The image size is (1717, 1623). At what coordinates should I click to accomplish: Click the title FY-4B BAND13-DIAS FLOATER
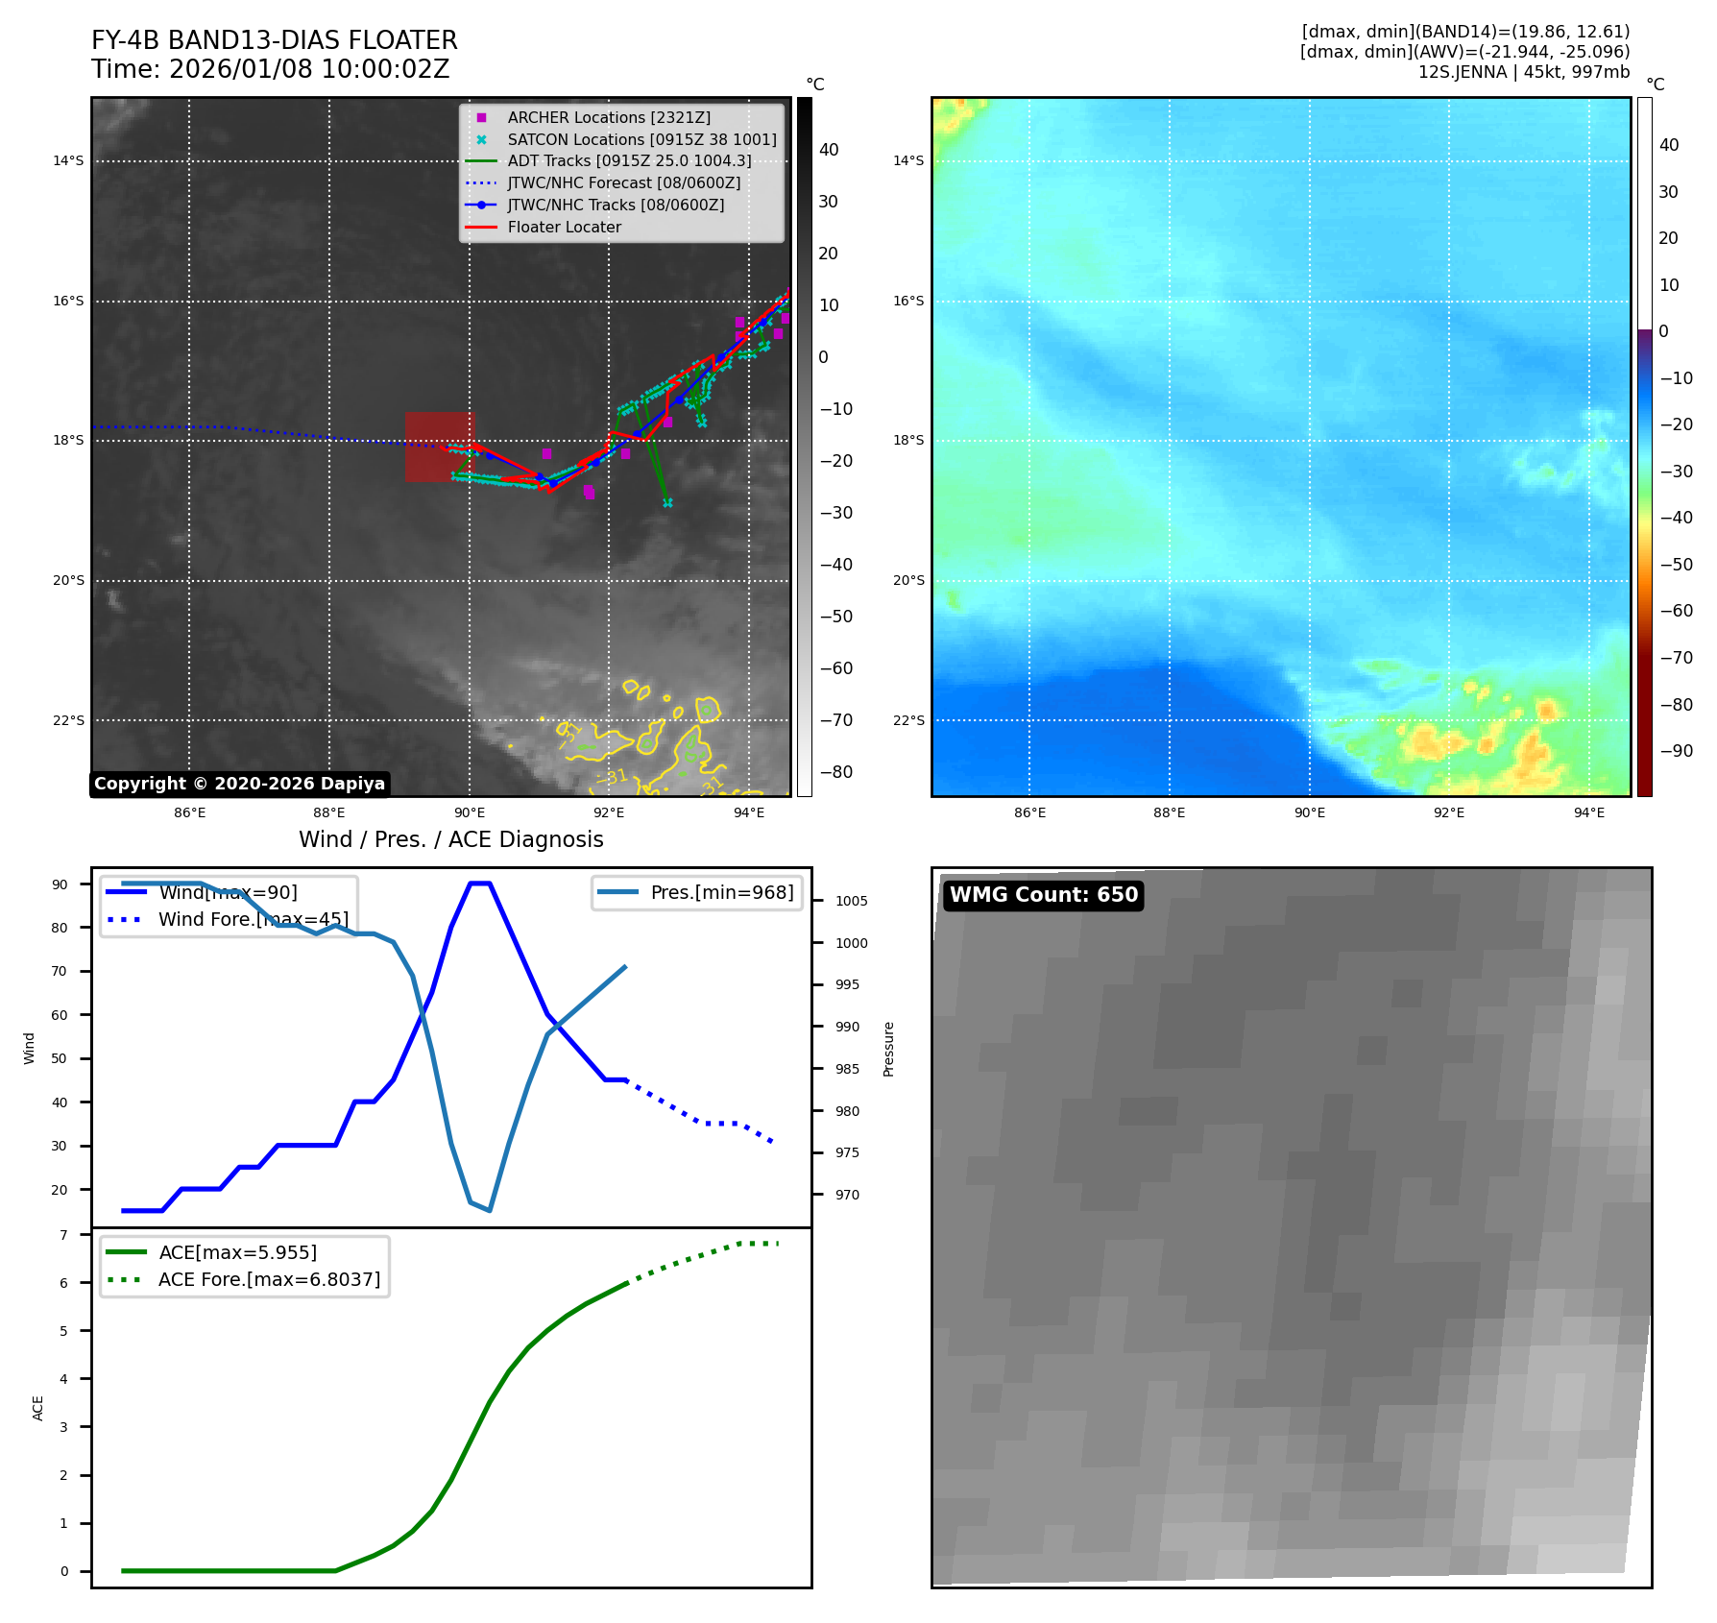274,40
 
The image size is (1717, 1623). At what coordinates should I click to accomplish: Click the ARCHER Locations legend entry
609,117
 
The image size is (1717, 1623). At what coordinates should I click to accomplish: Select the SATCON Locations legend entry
641,139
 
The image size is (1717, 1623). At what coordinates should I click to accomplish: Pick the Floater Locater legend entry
564,227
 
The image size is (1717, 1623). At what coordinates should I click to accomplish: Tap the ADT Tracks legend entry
629,161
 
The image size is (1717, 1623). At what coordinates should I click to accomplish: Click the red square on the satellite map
440,447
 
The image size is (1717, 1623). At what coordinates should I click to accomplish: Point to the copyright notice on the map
239,784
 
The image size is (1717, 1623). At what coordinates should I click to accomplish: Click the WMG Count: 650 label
1043,895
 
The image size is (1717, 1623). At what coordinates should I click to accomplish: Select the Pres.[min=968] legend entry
721,892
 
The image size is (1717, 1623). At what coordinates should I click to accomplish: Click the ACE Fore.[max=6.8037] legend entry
269,1279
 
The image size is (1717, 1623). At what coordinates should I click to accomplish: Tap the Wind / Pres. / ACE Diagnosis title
451,839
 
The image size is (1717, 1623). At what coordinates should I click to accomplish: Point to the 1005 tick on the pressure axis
851,901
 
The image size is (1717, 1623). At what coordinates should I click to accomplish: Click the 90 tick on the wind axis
60,884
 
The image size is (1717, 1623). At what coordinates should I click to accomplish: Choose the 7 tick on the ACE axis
64,1235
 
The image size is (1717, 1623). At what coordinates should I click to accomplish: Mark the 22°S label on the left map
68,720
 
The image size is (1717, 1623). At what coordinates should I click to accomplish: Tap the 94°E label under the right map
1588,812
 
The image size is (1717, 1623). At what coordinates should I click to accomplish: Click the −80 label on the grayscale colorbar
835,772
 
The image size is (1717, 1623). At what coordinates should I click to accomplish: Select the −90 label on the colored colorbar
1676,751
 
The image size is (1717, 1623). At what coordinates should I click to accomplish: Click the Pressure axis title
888,1049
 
